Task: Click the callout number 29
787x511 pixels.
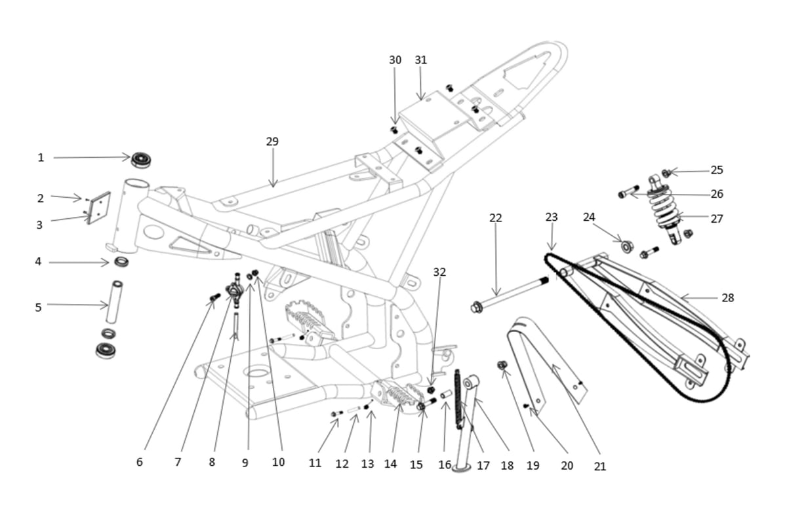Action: (272, 142)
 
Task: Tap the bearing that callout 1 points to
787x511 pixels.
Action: (141, 160)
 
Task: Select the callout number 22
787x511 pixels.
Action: (496, 218)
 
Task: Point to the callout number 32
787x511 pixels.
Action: (439, 272)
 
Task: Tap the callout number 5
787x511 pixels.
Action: (38, 307)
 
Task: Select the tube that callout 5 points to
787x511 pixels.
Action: (115, 302)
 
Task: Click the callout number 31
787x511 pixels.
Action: (421, 60)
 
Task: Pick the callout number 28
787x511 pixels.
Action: (727, 297)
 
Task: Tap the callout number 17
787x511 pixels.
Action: (483, 466)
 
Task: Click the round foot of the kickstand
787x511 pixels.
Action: (461, 467)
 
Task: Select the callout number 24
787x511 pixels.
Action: (589, 218)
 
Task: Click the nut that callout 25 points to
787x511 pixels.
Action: (666, 173)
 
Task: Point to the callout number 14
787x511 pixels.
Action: (390, 464)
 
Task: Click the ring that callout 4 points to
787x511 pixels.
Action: (121, 261)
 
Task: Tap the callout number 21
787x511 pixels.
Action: (599, 466)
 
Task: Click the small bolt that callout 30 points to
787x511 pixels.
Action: (394, 130)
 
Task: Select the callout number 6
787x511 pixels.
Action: (140, 463)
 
